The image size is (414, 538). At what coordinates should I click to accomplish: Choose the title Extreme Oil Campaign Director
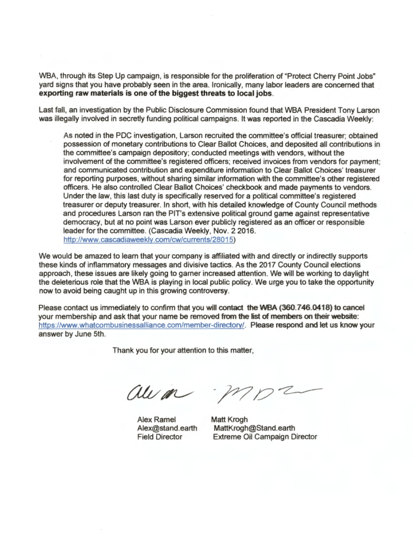(x=265, y=437)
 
